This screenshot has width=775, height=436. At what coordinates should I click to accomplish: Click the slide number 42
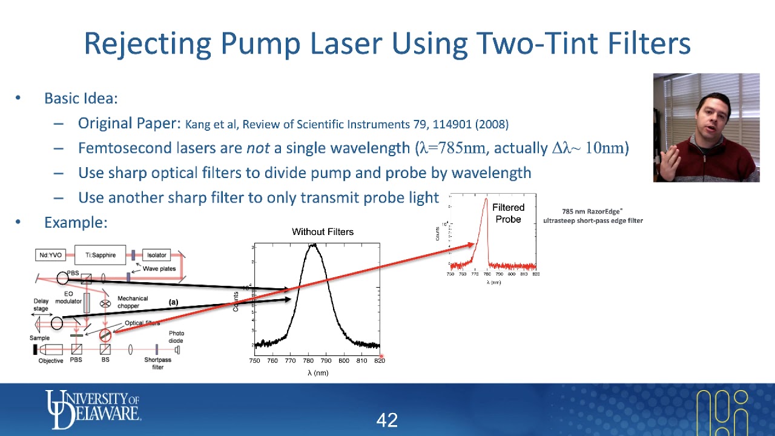tap(387, 420)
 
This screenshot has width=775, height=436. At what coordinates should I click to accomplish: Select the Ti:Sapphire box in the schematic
tap(100, 255)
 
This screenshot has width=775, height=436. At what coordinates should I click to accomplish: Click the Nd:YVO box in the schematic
tap(51, 255)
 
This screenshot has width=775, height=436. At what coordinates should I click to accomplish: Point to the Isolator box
tap(156, 255)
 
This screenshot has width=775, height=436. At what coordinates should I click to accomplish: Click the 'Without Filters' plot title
tap(322, 232)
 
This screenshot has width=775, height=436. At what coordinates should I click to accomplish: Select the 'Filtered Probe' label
tap(508, 213)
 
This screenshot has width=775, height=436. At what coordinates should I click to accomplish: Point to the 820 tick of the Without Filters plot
tap(379, 361)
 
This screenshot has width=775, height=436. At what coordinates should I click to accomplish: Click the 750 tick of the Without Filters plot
tap(255, 361)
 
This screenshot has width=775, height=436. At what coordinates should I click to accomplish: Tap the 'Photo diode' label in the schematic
tap(176, 337)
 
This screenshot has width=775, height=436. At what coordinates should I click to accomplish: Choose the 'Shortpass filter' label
tap(157, 363)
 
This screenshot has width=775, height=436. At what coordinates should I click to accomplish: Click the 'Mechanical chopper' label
tap(133, 302)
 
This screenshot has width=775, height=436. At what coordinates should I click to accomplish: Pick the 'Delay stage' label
tap(41, 305)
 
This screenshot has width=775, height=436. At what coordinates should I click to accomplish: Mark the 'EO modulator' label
tap(68, 297)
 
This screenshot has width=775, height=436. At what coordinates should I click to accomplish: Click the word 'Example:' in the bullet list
tap(76, 222)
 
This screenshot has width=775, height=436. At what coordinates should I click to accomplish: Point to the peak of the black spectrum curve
tap(313, 245)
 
